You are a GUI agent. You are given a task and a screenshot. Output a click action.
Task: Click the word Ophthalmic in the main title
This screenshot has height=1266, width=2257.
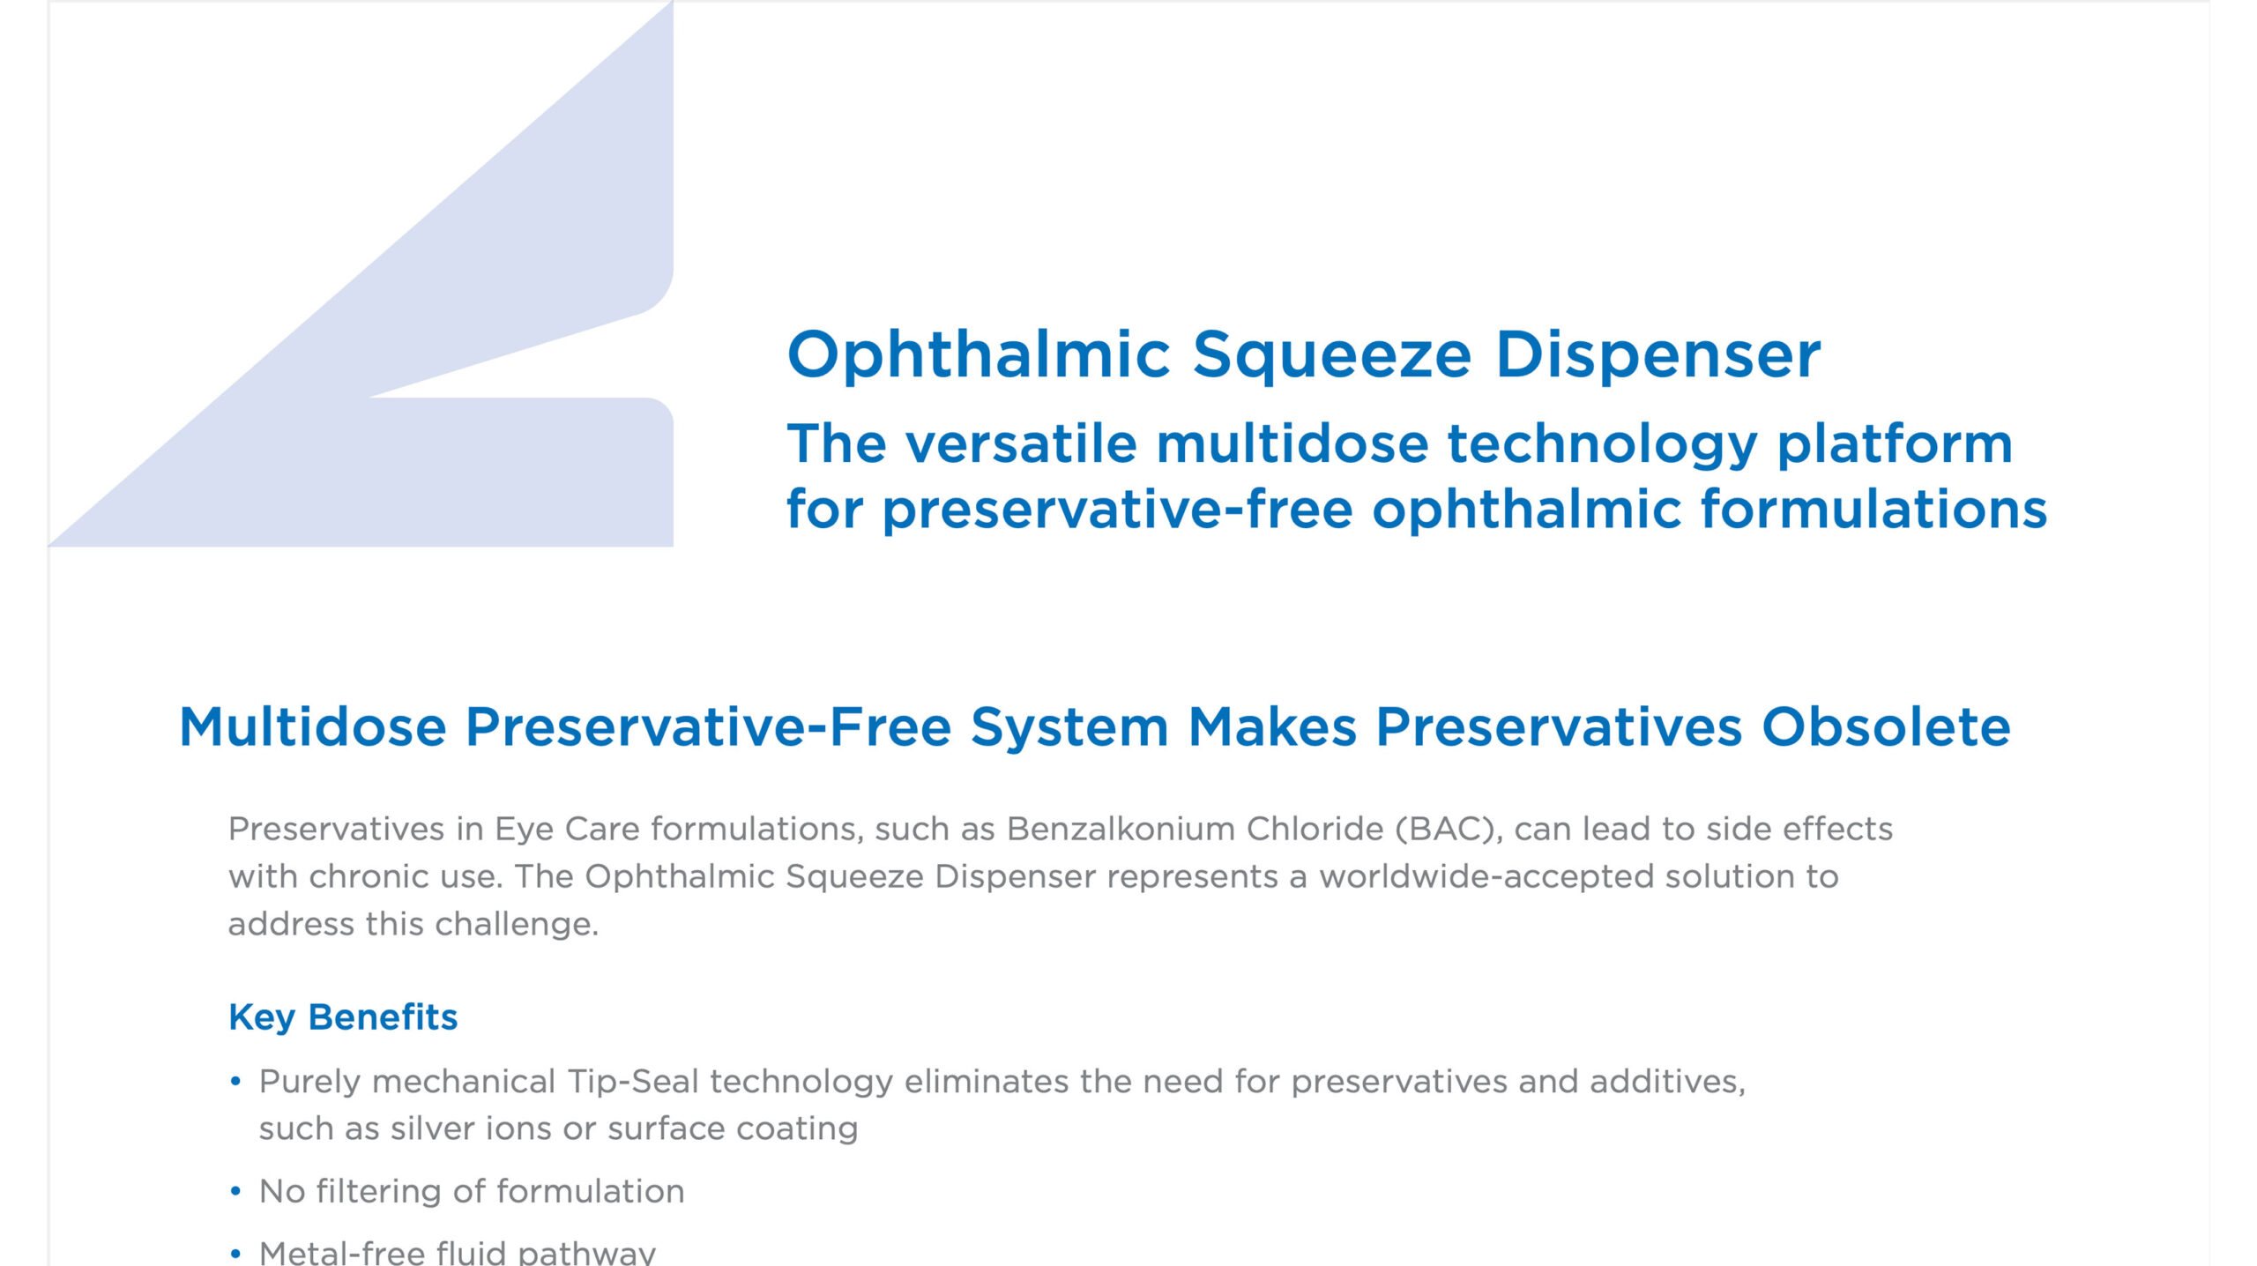pyautogui.click(x=979, y=354)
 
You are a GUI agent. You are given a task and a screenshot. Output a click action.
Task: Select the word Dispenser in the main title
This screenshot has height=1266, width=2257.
pyautogui.click(x=1657, y=354)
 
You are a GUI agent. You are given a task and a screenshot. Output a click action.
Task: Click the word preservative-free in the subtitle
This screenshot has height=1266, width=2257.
pyautogui.click(x=1117, y=511)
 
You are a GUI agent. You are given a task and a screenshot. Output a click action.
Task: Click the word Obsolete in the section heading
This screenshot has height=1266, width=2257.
pyautogui.click(x=1886, y=727)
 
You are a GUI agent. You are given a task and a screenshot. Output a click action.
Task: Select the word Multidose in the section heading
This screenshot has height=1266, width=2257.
pyautogui.click(x=313, y=727)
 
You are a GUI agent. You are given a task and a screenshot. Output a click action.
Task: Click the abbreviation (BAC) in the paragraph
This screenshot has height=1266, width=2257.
pyautogui.click(x=1449, y=830)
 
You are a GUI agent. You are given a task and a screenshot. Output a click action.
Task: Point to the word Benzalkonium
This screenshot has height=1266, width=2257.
pyautogui.click(x=1120, y=829)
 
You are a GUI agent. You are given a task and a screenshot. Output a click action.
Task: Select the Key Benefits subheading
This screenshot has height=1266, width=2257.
pyautogui.click(x=343, y=1017)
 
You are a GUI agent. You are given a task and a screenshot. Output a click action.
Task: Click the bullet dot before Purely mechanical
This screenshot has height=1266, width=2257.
pyautogui.click(x=235, y=1082)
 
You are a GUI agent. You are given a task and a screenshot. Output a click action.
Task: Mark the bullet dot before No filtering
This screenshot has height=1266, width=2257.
pyautogui.click(x=235, y=1191)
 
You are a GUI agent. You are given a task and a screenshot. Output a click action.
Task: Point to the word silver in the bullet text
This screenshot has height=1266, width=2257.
pyautogui.click(x=433, y=1128)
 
